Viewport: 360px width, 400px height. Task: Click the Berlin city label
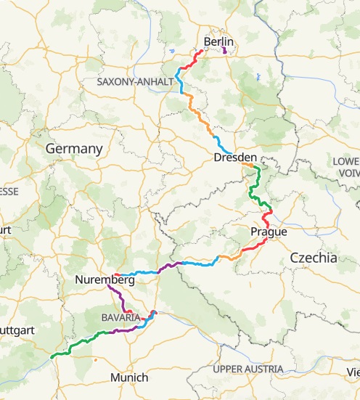[x=218, y=43]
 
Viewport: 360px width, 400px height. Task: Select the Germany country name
[x=74, y=148]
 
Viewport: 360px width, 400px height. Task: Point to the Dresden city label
[x=235, y=158]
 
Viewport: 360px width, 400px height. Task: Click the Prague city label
[x=268, y=232]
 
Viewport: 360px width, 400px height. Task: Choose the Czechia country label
[x=313, y=257]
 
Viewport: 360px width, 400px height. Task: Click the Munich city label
[x=129, y=377]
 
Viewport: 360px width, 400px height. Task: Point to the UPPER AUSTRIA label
[x=247, y=370]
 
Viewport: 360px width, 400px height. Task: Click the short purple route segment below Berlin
[x=224, y=52]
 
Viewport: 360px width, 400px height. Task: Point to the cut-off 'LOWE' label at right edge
[x=344, y=160]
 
